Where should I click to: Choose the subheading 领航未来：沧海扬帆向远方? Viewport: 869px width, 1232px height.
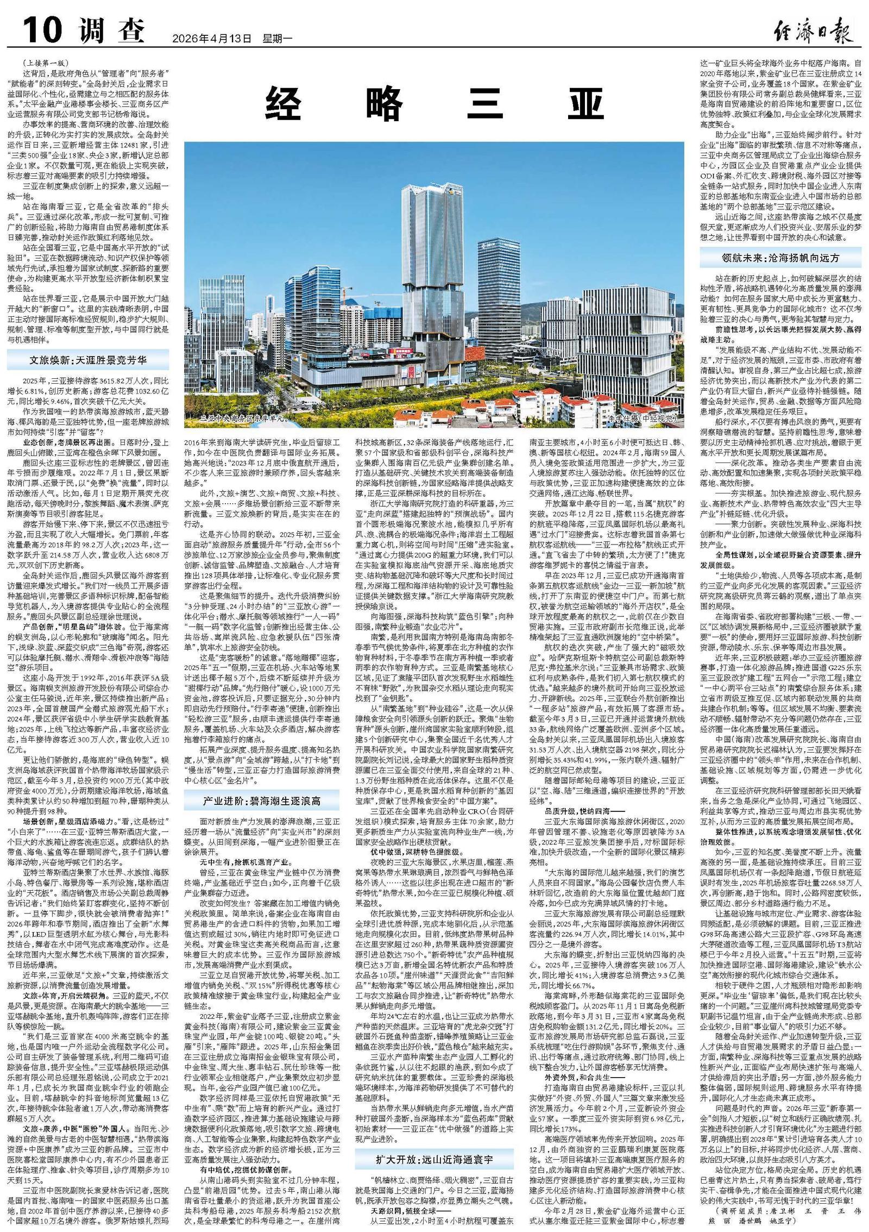(x=780, y=258)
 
